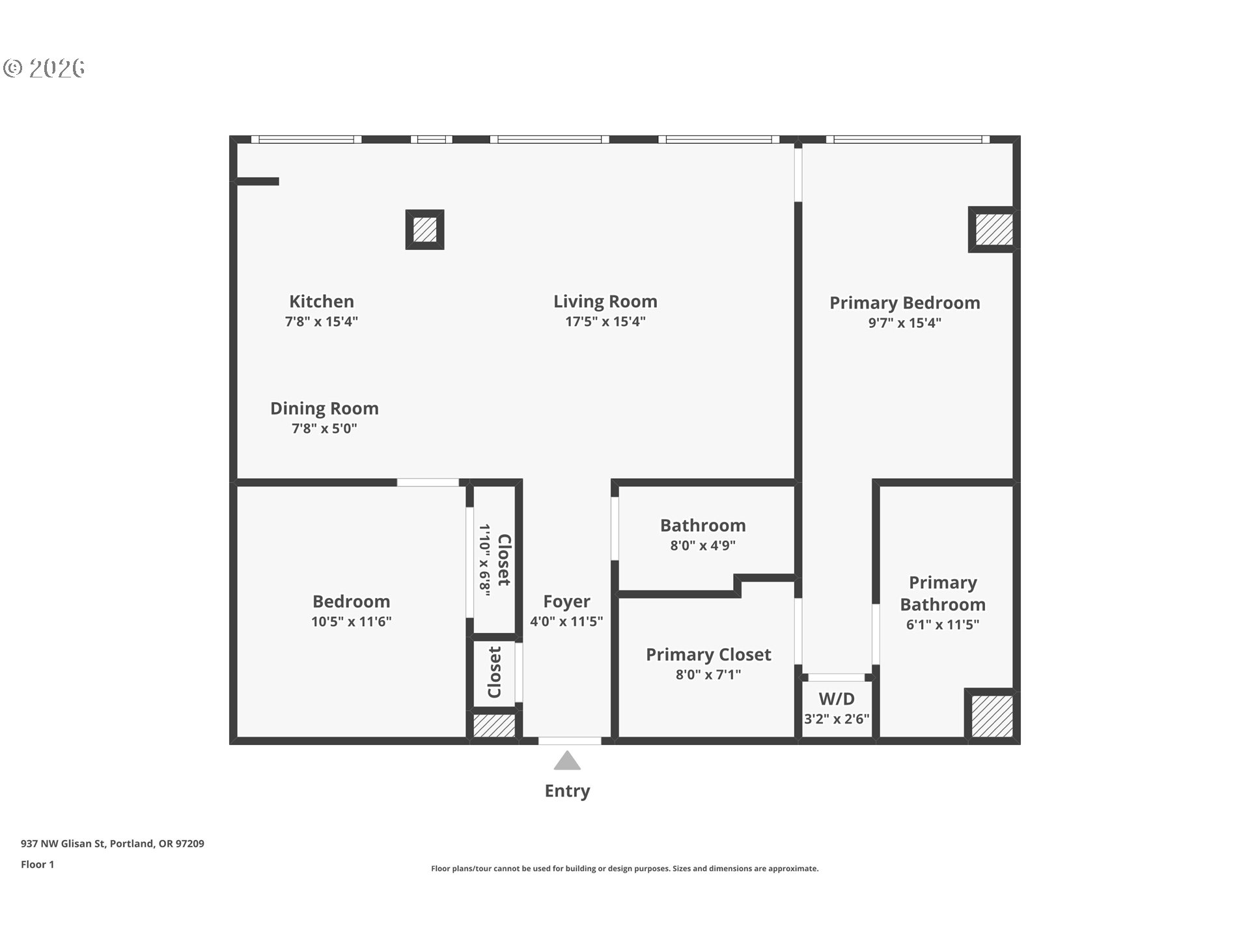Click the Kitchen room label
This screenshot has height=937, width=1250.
322,301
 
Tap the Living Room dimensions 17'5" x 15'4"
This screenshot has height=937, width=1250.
605,321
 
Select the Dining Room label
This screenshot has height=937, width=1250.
324,409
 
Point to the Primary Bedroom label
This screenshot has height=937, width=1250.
905,303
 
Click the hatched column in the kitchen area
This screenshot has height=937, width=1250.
424,229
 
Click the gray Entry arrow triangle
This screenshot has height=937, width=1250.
567,761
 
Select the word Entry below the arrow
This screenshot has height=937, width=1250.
567,791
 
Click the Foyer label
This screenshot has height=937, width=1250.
566,602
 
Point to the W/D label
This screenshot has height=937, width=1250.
837,699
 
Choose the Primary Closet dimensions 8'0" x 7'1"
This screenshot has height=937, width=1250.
708,675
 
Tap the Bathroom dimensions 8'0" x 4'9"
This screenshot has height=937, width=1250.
703,546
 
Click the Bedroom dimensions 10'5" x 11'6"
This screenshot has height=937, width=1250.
352,621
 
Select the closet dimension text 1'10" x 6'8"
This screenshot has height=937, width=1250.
484,560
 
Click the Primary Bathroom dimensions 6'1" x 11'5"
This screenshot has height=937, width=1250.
943,625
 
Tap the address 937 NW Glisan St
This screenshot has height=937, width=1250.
63,844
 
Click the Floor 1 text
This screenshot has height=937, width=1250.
37,865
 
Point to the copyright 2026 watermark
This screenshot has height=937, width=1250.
44,68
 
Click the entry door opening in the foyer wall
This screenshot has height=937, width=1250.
570,740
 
